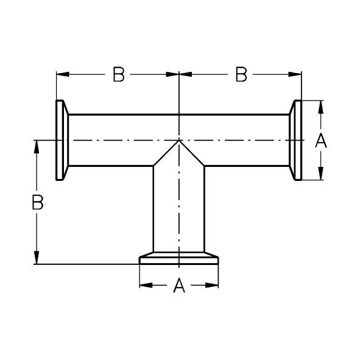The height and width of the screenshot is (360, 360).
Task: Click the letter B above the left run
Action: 119,74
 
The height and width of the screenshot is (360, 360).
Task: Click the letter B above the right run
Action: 241,74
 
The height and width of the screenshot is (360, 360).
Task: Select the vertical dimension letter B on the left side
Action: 37,202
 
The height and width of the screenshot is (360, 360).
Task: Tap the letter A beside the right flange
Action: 321,140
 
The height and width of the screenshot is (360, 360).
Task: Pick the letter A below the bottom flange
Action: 179,286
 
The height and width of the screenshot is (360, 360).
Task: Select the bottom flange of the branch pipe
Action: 179,258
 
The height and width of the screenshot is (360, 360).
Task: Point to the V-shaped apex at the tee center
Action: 179,141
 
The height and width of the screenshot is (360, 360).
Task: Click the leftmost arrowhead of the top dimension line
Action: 63,74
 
